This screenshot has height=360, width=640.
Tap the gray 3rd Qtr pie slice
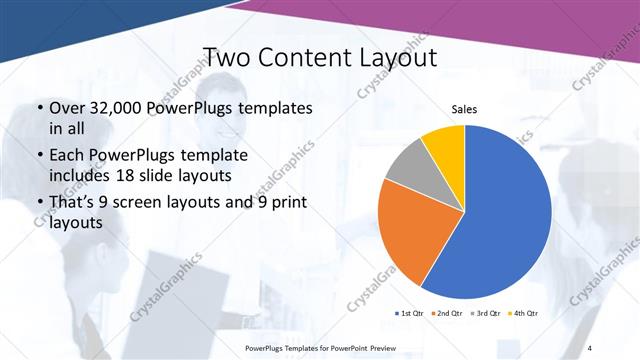(x=406, y=168)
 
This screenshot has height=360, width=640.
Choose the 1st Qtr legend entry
(x=413, y=314)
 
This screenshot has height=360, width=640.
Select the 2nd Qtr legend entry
(x=447, y=314)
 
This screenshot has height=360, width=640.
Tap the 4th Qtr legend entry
(x=524, y=314)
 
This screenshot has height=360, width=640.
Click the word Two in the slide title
(x=225, y=57)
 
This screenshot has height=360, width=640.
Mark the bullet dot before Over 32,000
(x=40, y=108)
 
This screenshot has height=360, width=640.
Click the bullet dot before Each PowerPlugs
(x=40, y=156)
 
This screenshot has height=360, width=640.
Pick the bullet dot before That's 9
(x=40, y=204)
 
